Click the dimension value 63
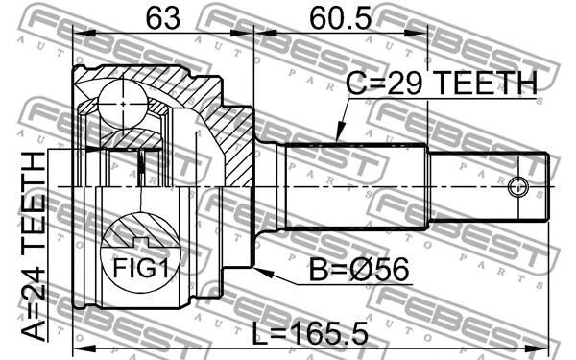tap(162, 17)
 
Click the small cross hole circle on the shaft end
tap(518, 186)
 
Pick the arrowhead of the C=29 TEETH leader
tap(338, 140)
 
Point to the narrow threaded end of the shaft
tap(490, 185)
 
